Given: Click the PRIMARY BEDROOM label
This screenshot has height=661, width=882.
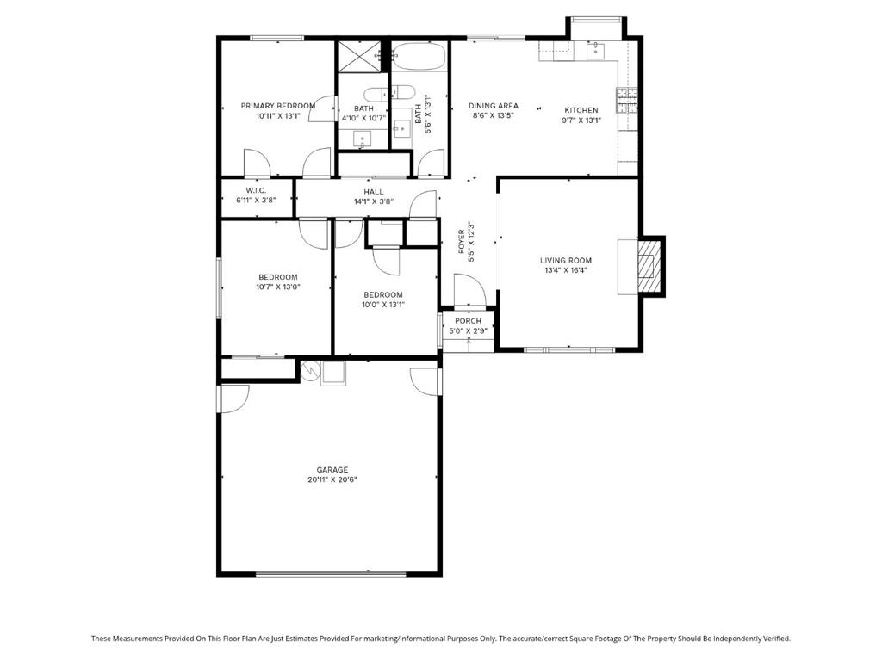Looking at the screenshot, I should point(277,105).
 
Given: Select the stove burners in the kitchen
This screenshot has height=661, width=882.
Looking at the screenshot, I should point(627,102).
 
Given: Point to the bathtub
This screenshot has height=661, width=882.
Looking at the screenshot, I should point(419,59).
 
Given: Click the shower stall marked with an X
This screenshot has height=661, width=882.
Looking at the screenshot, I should point(362,56).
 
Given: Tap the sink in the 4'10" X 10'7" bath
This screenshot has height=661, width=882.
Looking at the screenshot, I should point(363,138).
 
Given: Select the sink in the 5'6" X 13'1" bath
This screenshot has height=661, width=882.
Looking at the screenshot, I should point(401,129).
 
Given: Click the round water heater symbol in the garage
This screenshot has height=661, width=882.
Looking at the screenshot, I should point(310,371).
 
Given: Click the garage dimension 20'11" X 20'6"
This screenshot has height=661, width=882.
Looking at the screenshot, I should point(332,480).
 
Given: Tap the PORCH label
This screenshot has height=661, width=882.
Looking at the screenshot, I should point(469,321).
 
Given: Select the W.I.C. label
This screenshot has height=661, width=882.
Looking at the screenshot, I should point(256,190).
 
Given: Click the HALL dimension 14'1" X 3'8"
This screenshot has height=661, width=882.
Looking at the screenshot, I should point(374,201).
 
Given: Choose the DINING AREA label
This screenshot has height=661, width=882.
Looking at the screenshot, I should point(493,106).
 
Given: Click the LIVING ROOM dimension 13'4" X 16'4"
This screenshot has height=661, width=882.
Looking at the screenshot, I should point(566,270).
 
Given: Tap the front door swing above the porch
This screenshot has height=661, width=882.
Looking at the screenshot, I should point(469,289).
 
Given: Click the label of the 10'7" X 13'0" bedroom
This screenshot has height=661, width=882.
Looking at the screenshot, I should point(277,277).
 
